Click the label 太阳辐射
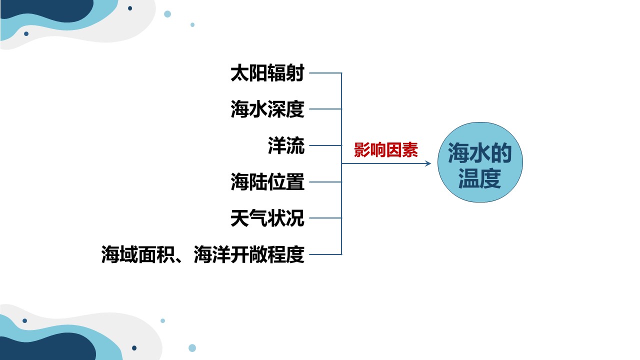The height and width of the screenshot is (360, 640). [x=267, y=73]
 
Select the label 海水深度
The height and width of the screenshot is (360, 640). [x=267, y=109]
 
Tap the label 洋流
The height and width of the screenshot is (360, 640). [x=286, y=145]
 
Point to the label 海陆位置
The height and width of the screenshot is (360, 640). [x=267, y=181]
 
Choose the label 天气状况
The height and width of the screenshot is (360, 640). [x=267, y=218]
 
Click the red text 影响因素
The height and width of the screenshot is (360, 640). [x=386, y=150]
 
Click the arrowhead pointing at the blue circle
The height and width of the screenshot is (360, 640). [x=428, y=163]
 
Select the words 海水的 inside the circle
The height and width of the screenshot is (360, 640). [x=480, y=153]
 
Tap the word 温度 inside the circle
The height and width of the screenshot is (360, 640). [x=480, y=178]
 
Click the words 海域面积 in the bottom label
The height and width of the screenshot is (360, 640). [x=138, y=254]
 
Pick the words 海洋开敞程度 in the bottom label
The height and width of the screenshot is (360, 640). [x=249, y=254]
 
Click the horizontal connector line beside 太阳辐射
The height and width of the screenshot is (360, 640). [x=325, y=73]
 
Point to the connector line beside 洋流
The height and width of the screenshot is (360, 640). [x=325, y=145]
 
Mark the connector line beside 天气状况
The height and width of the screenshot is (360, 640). [x=325, y=218]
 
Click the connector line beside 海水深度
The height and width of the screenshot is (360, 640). [x=325, y=109]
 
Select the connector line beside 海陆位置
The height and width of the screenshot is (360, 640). [x=325, y=181]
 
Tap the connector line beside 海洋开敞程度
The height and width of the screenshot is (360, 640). [x=325, y=254]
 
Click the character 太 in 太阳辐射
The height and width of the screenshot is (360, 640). [x=239, y=73]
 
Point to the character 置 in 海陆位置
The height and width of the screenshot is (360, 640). [x=295, y=181]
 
